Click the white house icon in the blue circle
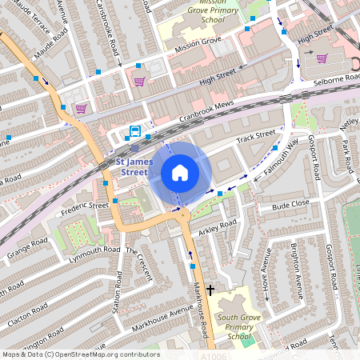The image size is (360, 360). coord(180,173)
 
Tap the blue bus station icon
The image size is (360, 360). coord(135,131)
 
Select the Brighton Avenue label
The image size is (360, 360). coord(304,269)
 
